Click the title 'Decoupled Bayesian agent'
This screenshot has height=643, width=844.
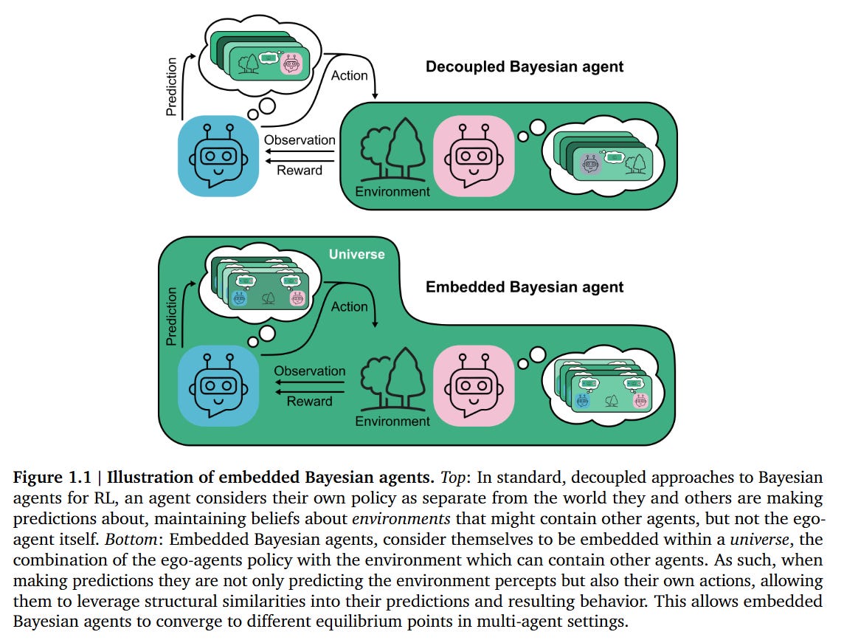pyautogui.click(x=525, y=66)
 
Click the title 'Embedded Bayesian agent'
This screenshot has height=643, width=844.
pyautogui.click(x=525, y=287)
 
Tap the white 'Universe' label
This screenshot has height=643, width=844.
pyautogui.click(x=357, y=254)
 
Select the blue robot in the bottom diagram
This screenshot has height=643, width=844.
pyautogui.click(x=218, y=385)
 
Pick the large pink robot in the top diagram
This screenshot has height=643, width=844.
pyautogui.click(x=474, y=157)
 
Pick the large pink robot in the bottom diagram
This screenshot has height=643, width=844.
pyautogui.click(x=474, y=385)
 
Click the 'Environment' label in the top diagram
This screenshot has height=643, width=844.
pyautogui.click(x=392, y=192)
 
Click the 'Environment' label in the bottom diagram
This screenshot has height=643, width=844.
pyautogui.click(x=392, y=421)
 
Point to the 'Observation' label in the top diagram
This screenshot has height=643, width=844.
pyautogui.click(x=300, y=140)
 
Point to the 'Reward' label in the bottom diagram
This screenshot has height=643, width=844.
pyautogui.click(x=310, y=401)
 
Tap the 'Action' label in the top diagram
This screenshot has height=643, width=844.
pyautogui.click(x=350, y=76)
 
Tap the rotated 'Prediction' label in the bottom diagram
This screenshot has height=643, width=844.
pyautogui.click(x=171, y=316)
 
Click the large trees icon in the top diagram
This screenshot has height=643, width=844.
pyautogui.click(x=393, y=150)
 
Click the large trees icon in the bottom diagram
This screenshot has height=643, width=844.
pyautogui.click(x=393, y=379)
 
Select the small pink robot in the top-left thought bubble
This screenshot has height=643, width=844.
pyautogui.click(x=291, y=64)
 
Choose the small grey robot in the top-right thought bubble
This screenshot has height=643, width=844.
pyautogui.click(x=590, y=163)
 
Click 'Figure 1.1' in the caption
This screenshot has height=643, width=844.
pyautogui.click(x=52, y=478)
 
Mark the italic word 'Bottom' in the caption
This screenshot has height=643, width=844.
pyautogui.click(x=131, y=539)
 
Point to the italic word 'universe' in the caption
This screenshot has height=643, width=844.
pyautogui.click(x=759, y=539)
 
